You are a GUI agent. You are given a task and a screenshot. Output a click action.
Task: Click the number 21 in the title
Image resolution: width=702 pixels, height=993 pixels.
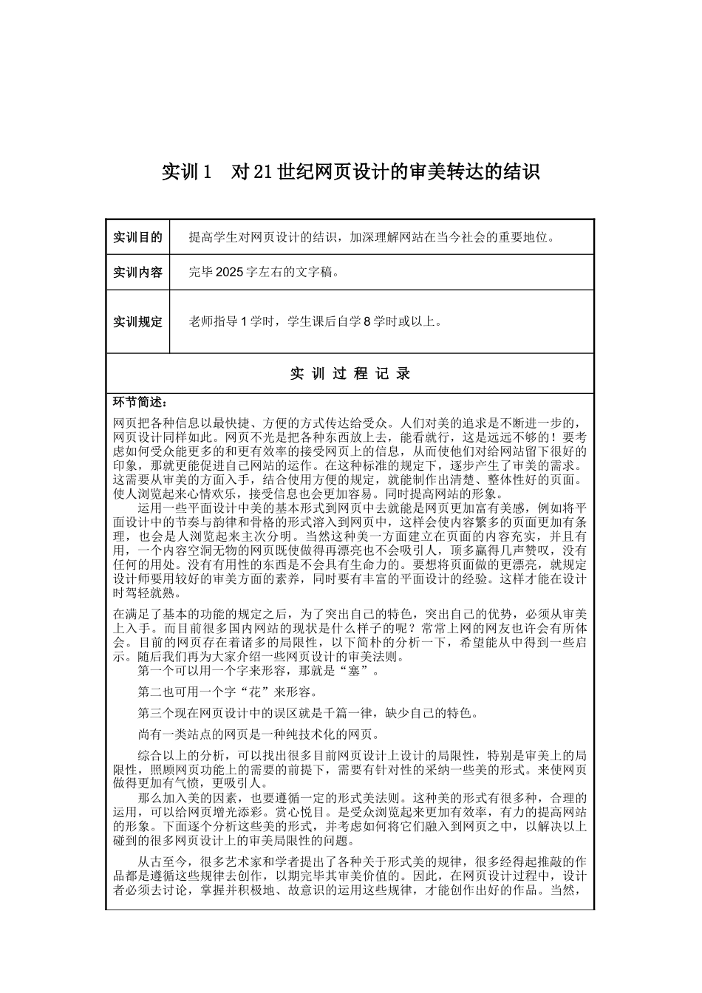click(x=264, y=172)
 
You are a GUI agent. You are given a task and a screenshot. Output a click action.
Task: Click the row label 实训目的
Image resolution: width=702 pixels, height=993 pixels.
click(x=137, y=237)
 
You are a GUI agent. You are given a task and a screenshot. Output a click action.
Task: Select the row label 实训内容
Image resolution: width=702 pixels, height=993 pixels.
click(x=137, y=272)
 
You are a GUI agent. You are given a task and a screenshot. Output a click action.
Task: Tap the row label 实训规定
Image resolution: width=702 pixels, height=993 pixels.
click(x=137, y=321)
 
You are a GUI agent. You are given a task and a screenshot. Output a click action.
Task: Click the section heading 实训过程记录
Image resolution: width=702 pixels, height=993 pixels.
click(x=350, y=374)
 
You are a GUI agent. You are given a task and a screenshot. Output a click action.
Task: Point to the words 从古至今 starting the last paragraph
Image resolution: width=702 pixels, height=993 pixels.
click(x=163, y=862)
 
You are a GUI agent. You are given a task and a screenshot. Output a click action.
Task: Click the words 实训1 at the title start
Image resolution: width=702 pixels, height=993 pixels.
click(x=187, y=172)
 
